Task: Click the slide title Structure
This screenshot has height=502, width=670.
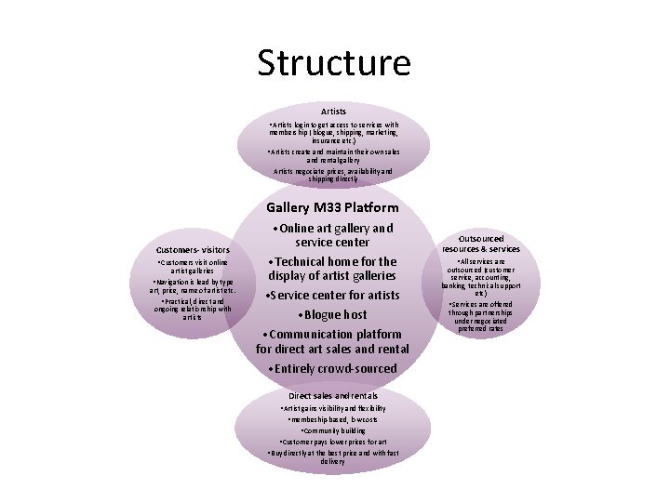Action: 333,63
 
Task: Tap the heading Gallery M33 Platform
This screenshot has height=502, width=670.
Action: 332,207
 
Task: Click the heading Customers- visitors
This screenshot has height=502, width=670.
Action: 194,250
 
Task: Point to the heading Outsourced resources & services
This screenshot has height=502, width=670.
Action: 481,243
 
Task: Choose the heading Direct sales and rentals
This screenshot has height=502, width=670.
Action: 332,395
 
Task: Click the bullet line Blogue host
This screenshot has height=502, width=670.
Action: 333,314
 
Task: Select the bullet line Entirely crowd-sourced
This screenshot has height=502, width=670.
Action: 333,368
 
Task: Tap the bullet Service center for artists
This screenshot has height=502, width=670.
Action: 333,296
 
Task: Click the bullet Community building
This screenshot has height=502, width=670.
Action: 332,430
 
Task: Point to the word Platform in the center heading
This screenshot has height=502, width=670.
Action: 366,207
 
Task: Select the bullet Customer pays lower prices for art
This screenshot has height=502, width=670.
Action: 332,441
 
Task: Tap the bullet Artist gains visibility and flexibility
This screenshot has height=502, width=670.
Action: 332,408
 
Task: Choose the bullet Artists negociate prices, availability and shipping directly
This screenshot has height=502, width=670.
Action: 332,176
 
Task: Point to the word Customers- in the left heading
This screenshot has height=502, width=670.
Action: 180,250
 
